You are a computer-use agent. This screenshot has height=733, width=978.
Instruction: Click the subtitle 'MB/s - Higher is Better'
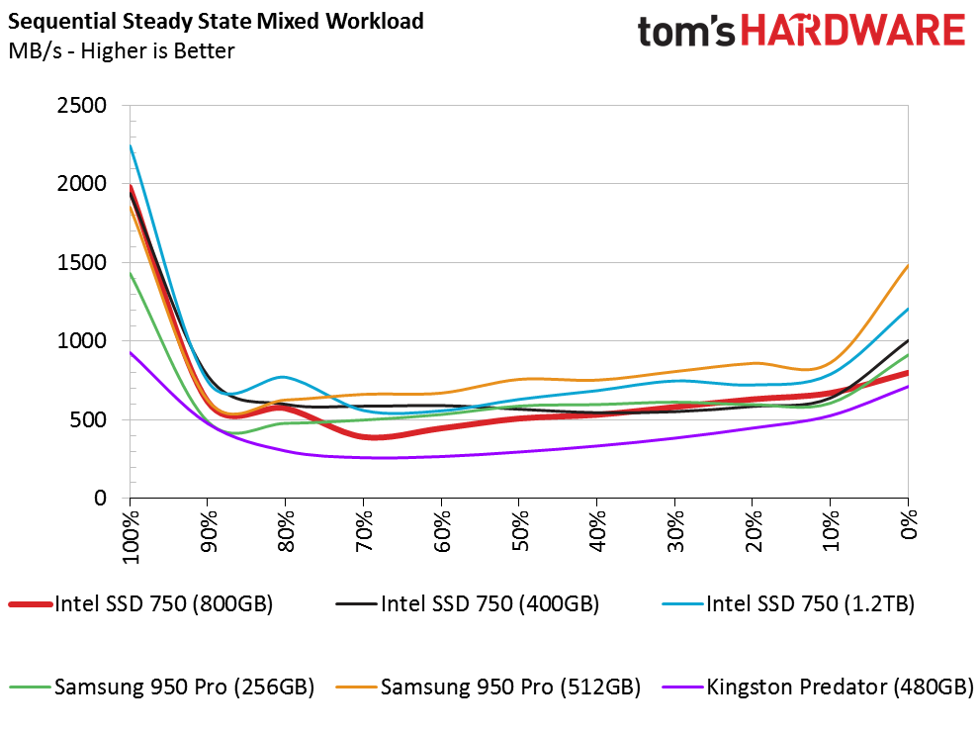[121, 50]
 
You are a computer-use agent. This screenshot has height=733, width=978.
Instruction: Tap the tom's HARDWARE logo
[800, 32]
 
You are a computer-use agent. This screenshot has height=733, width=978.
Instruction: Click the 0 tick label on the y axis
[100, 499]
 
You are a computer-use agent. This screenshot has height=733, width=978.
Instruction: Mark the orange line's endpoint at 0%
[908, 265]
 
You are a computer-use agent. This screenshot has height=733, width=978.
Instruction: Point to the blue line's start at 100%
[130, 146]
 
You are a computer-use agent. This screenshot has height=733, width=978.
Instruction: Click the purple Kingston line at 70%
[364, 457]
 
